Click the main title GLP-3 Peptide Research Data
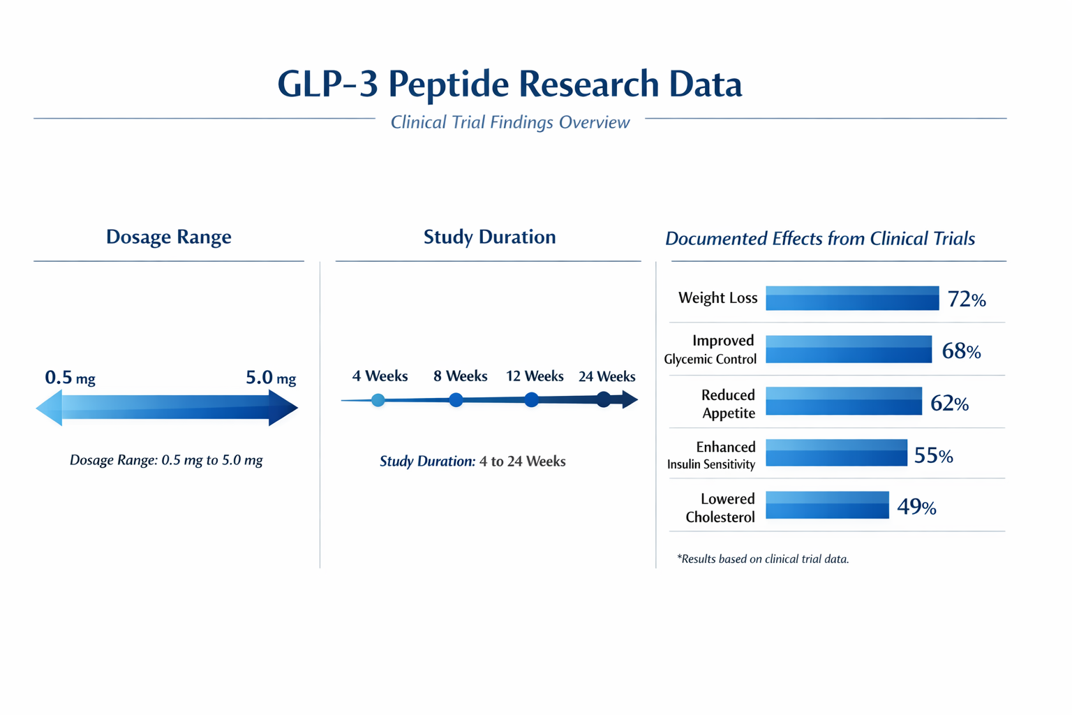[x=509, y=84]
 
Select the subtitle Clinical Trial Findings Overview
[x=510, y=122]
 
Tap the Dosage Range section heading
[x=168, y=237]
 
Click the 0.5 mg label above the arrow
[x=70, y=378]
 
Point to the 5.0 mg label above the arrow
[x=271, y=378]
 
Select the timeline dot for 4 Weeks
[x=378, y=400]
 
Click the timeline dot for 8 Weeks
[x=456, y=400]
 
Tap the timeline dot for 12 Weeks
[x=532, y=400]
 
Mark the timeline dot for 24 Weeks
[x=604, y=399]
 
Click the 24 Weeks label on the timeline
[x=606, y=377]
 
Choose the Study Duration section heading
[x=489, y=237]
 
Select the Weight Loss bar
[x=851, y=298]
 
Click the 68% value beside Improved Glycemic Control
[x=961, y=351]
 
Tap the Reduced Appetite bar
[x=843, y=401]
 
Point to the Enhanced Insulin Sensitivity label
[x=712, y=455]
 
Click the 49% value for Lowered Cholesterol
[x=916, y=507]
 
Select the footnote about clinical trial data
[x=763, y=559]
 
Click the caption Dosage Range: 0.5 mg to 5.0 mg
[x=166, y=460]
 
